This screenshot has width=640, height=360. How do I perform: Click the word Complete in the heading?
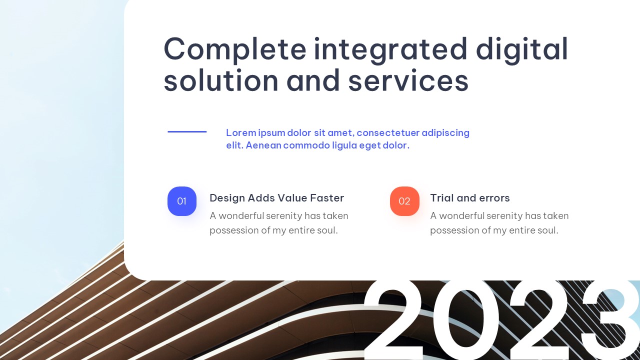tap(235, 49)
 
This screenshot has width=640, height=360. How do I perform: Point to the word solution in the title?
tap(221, 80)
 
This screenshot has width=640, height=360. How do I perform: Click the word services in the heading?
tap(408, 80)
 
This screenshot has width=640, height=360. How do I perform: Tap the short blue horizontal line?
tap(187, 131)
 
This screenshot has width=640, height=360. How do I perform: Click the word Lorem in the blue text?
tap(241, 133)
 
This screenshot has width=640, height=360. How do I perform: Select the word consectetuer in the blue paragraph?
tap(388, 133)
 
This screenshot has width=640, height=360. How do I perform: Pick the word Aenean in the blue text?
tap(263, 145)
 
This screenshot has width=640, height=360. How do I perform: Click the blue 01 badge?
tap(182, 201)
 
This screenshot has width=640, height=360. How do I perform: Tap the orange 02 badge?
tap(404, 201)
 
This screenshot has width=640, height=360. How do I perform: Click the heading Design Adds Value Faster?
tap(277, 198)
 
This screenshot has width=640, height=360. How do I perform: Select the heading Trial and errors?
tap(470, 198)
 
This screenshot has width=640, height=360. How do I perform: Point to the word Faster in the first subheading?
tap(327, 198)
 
